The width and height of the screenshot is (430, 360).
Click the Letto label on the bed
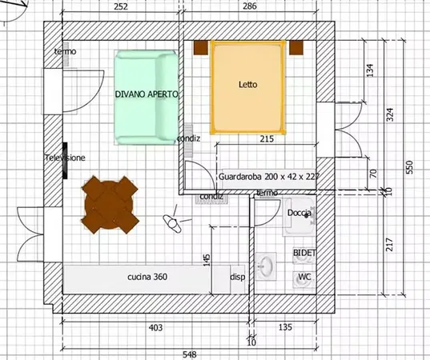coord(248,84)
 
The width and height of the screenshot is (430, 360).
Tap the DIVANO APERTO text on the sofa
coord(147,94)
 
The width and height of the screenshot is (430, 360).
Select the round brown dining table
coord(110,205)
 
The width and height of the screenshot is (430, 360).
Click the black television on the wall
coord(65,161)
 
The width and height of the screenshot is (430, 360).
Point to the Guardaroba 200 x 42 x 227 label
coord(269,177)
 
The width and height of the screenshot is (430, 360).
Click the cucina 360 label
coord(147,277)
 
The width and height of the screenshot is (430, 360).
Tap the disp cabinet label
coord(238,277)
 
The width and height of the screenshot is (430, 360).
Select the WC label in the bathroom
coord(304,277)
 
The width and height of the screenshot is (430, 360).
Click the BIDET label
coord(304,253)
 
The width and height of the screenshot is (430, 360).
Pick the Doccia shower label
coord(299,213)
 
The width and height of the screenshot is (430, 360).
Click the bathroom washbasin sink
coord(266,266)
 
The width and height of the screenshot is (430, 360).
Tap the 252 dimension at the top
coord(121,6)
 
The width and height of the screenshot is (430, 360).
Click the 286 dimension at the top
coord(250,6)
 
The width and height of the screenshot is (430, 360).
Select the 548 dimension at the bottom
coord(190,354)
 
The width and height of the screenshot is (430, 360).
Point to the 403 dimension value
coord(155,327)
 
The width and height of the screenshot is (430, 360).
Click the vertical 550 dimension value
coord(409,167)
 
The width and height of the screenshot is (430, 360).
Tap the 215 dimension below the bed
coord(267,139)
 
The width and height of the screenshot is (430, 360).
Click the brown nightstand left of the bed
coord(201,48)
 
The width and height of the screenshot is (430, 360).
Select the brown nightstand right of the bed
coord(296,48)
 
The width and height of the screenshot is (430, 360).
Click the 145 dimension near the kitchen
coord(207,260)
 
